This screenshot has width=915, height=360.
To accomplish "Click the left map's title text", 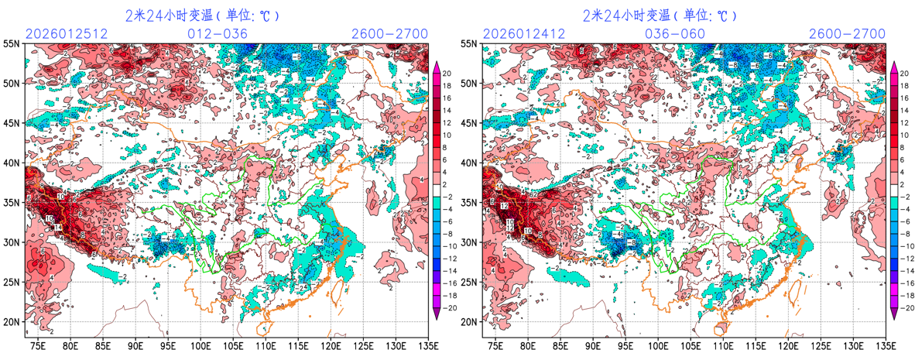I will coord(202,15).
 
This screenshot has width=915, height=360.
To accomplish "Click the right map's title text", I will coord(660,15).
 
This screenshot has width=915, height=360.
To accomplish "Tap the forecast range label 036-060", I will coord(675,33).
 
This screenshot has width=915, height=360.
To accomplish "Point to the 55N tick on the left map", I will coord(12,44).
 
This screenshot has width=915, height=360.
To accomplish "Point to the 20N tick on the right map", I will coord(469,322).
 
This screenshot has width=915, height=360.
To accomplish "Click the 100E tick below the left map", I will coord(201,344).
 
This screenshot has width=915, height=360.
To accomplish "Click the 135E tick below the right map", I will coord(879,344).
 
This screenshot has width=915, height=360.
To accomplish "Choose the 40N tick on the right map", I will coord(469,163).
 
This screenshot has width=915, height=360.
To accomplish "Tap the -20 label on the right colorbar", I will coord(905,307).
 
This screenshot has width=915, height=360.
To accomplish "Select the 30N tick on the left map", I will coord(12,242).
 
